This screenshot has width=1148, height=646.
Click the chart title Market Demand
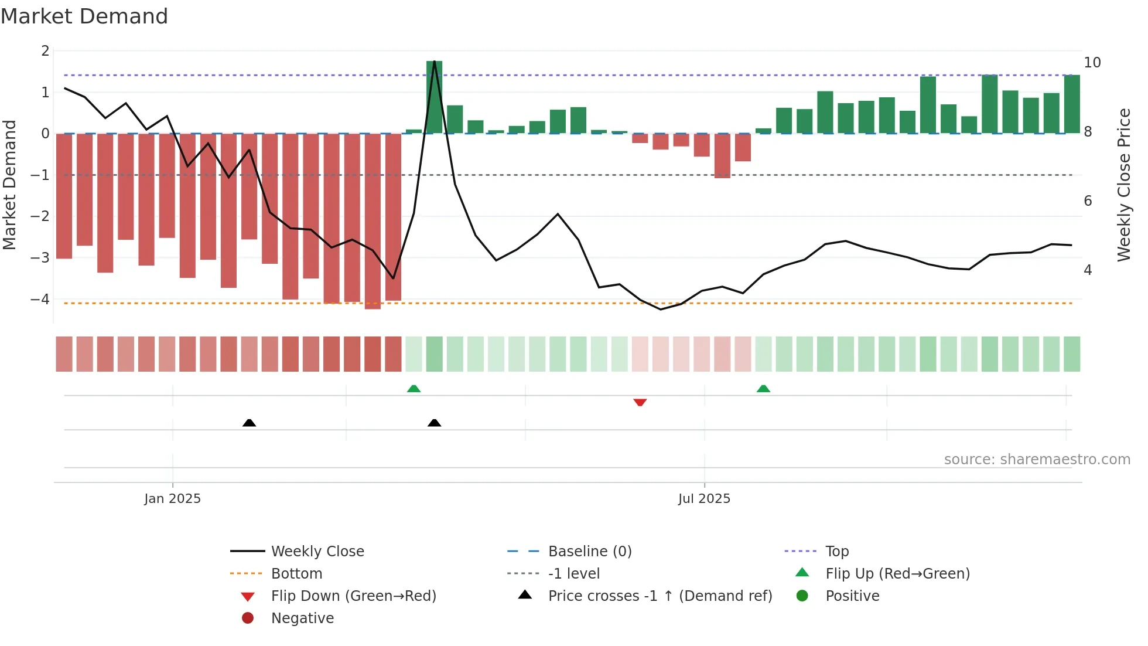[x=84, y=16]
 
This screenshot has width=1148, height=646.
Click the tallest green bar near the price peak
[x=434, y=97]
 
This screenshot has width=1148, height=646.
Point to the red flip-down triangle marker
[x=640, y=403]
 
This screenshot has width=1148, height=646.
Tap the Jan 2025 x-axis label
[x=172, y=499]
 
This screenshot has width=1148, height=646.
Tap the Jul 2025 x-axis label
[x=704, y=499]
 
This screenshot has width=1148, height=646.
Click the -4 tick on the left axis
[x=40, y=300]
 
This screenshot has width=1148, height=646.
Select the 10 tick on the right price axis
[x=1092, y=63]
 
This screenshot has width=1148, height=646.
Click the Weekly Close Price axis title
[x=1123, y=185]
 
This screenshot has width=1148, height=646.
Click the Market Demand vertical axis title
[x=9, y=185]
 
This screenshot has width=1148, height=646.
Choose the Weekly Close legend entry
[x=317, y=552]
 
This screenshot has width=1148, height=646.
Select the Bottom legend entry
[x=296, y=574]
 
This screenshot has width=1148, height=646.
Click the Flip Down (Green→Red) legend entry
[x=353, y=596]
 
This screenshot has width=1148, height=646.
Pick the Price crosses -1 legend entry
[x=660, y=596]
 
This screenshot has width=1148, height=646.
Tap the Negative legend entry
[x=302, y=618]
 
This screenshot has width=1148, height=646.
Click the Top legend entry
[x=836, y=552]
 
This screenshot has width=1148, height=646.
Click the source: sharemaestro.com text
[x=1037, y=460]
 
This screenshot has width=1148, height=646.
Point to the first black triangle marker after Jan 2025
[x=249, y=423]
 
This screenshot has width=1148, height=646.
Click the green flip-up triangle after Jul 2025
[x=763, y=389]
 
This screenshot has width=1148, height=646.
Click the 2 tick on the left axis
[x=45, y=51]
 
